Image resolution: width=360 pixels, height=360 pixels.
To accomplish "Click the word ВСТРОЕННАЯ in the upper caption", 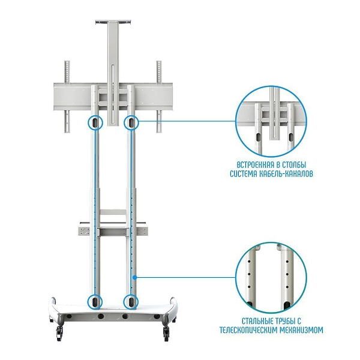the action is pyautogui.click(x=256, y=165).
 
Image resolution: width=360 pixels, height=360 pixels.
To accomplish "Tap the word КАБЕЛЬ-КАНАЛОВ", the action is pyautogui.click(x=286, y=174).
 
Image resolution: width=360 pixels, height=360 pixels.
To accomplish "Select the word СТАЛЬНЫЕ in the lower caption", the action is pyautogui.click(x=258, y=321).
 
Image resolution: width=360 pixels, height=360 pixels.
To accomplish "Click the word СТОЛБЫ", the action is pyautogui.click(x=295, y=165).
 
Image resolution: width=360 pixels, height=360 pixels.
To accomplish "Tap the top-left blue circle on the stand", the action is pyautogui.click(x=95, y=122).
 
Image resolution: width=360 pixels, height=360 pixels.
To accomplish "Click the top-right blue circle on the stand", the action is pyautogui.click(x=131, y=122).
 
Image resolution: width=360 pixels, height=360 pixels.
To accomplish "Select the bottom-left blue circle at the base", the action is pyautogui.click(x=95, y=302).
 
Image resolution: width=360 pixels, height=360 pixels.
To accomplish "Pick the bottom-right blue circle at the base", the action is pyautogui.click(x=131, y=302).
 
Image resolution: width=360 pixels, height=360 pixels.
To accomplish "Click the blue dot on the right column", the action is pyautogui.click(x=135, y=278).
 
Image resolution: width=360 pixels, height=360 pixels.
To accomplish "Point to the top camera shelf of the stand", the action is pyautogui.click(x=113, y=22).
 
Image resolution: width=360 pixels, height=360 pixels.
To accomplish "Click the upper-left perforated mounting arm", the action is pyautogui.click(x=67, y=71).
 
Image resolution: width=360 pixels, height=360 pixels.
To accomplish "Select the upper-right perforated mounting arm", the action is pyautogui.click(x=159, y=71).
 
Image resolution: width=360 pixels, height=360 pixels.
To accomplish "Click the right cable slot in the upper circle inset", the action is pyautogui.click(x=291, y=137).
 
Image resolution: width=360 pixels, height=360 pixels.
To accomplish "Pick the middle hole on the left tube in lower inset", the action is pyautogui.click(x=248, y=274).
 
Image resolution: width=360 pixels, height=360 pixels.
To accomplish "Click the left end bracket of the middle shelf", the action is pyautogui.click(x=83, y=231).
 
